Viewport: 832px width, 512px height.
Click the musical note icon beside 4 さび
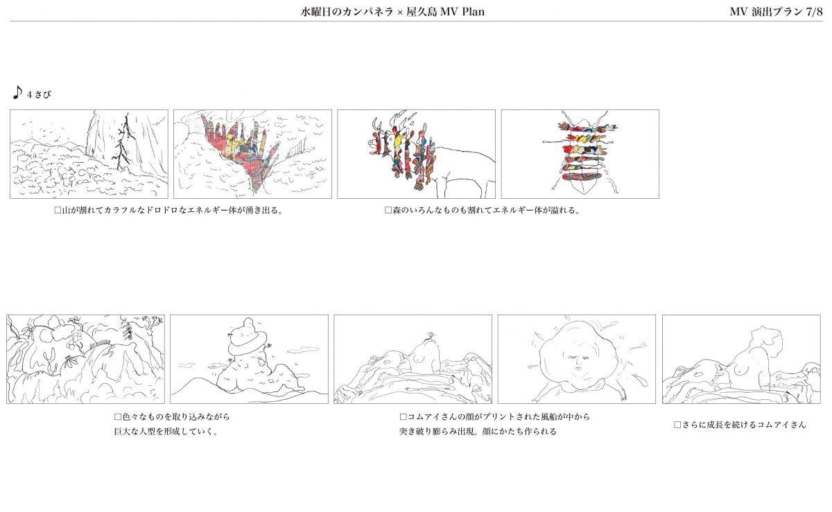17,92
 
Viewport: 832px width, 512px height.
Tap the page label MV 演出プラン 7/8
776,12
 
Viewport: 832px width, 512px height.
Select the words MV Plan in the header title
462,12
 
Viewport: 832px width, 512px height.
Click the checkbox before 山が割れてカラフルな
58,210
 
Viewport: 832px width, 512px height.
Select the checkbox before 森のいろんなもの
388,210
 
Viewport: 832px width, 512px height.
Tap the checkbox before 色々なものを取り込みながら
118,416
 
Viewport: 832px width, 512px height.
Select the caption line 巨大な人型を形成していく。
166,432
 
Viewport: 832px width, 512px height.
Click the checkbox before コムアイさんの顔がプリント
403,416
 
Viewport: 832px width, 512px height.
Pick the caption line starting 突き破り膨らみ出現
478,432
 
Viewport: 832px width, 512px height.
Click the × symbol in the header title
399,12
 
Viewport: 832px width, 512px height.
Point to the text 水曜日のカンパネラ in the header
347,12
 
